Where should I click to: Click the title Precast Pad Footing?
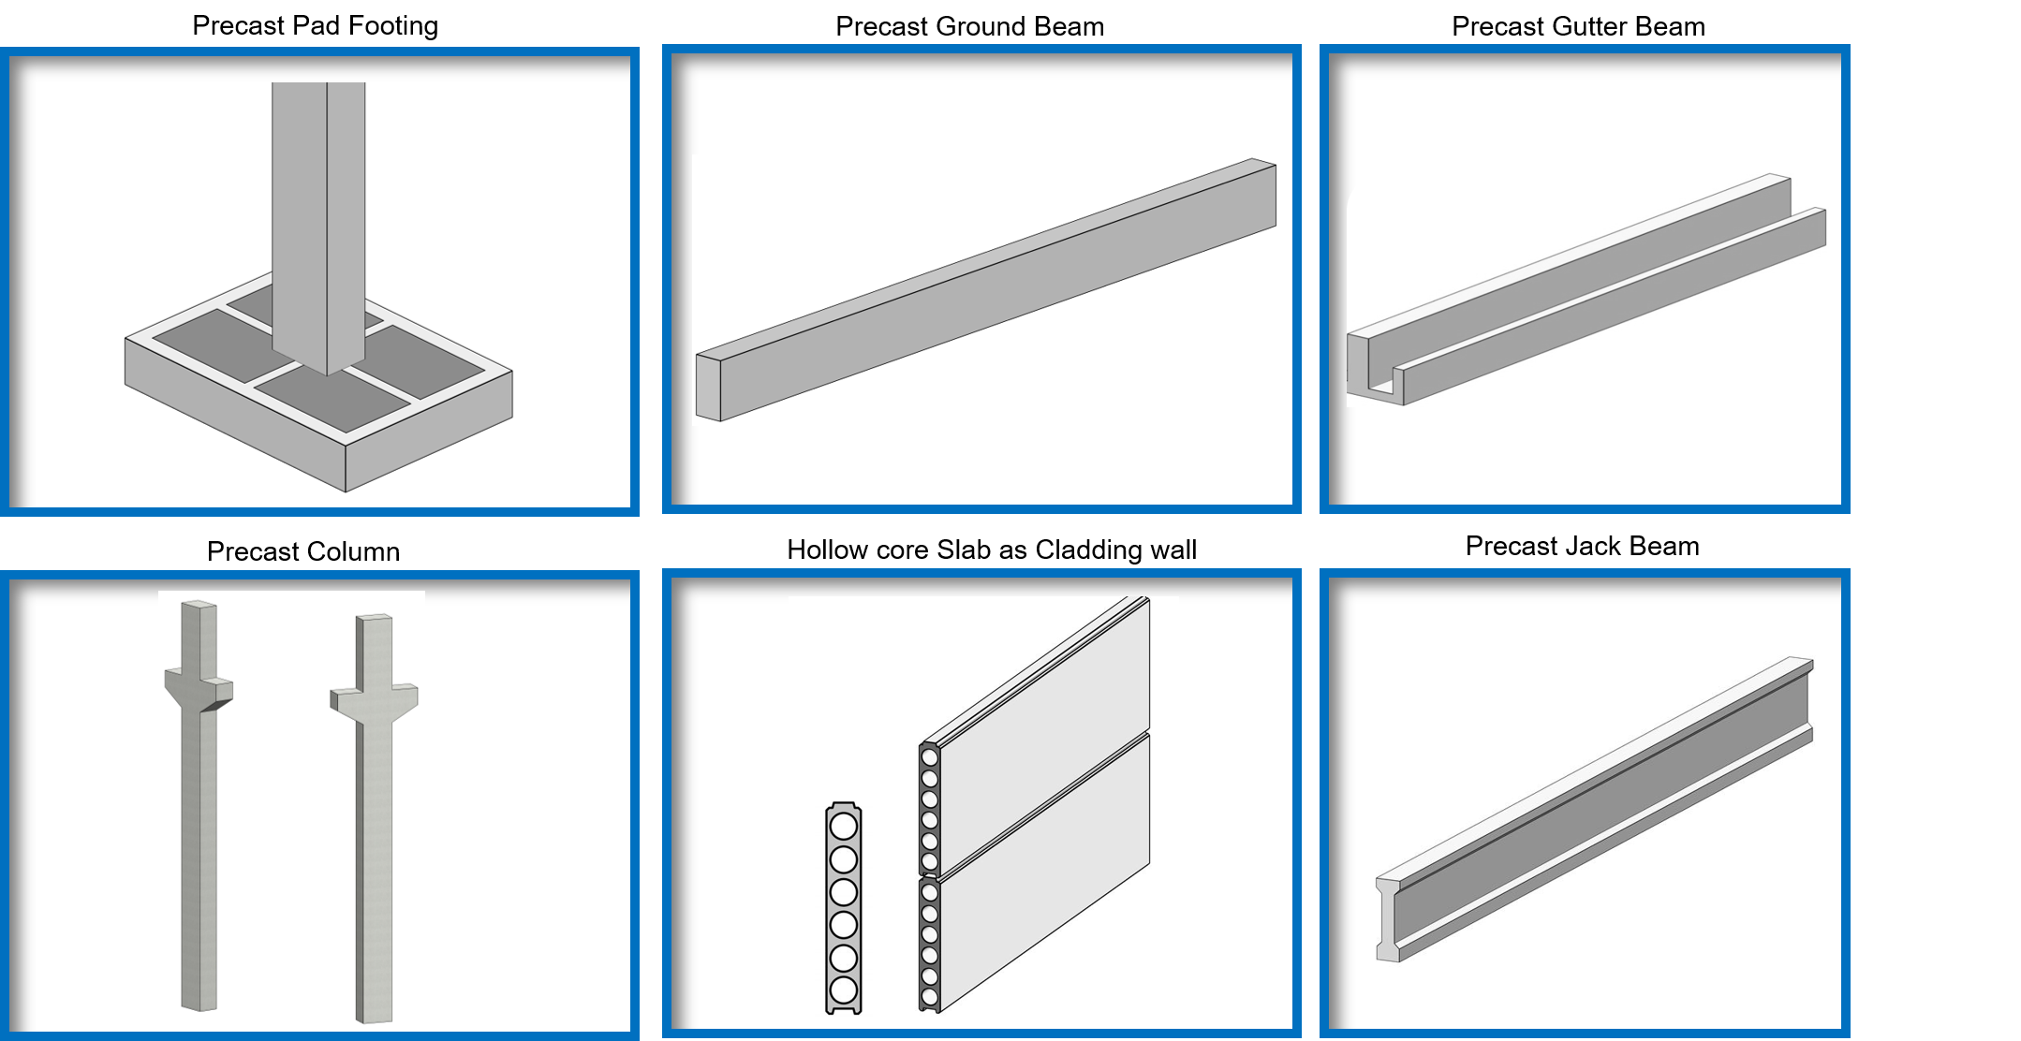[315, 26]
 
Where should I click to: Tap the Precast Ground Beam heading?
[969, 26]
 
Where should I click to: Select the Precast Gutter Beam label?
[1578, 26]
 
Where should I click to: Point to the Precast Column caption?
[303, 551]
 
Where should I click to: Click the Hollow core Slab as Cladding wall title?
[992, 550]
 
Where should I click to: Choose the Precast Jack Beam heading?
[1582, 546]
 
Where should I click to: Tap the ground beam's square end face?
[708, 387]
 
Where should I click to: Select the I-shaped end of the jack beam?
[1387, 919]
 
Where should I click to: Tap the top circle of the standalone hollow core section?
[844, 826]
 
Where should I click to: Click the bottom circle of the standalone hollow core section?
[844, 990]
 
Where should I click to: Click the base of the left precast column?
[199, 1002]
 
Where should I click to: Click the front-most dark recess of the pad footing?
[332, 398]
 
